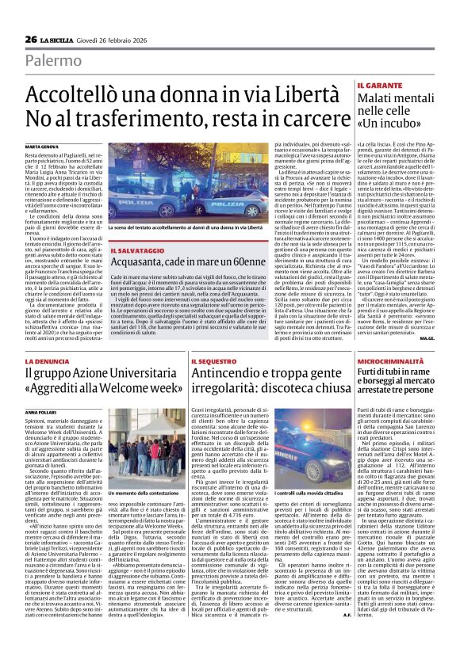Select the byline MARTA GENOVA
(x=41, y=148)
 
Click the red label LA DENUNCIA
(x=46, y=361)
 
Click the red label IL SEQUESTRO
(x=213, y=361)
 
